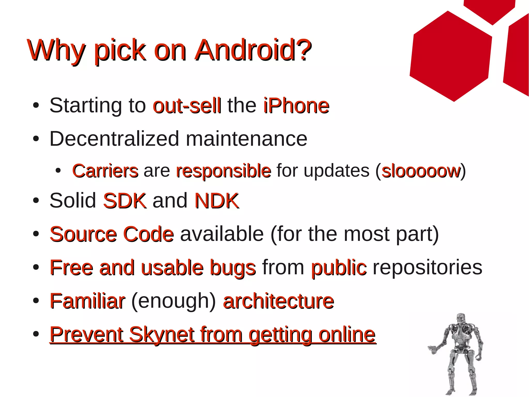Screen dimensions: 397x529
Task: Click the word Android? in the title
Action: (253, 50)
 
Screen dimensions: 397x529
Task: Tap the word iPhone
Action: (296, 106)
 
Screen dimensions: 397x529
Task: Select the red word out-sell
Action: (187, 106)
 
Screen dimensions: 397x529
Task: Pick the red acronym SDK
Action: (125, 201)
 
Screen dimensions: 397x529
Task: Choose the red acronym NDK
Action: (217, 201)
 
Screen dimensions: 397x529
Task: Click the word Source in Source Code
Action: (83, 234)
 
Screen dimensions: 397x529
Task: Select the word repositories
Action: (427, 267)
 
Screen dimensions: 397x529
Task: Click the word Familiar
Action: (87, 301)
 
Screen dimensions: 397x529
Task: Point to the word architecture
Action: (278, 301)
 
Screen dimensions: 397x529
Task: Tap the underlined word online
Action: (347, 335)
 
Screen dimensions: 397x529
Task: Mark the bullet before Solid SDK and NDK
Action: (36, 201)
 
